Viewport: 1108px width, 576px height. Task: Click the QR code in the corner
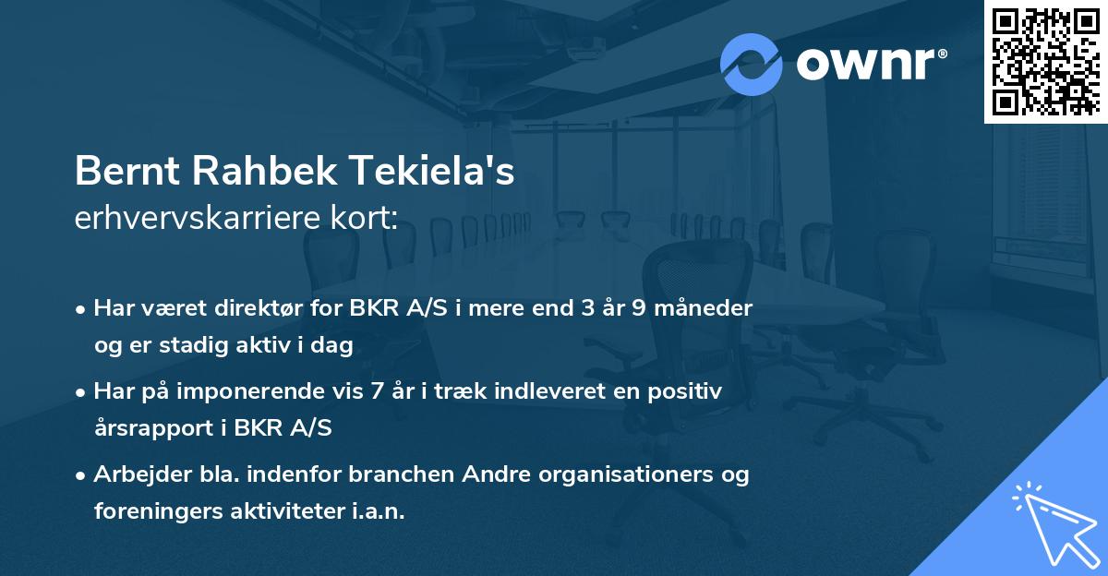tap(1045, 61)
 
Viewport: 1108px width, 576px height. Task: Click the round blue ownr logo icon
tap(751, 64)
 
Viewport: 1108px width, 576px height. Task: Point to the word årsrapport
tap(149, 427)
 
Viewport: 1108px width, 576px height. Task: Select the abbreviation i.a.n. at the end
tap(376, 511)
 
